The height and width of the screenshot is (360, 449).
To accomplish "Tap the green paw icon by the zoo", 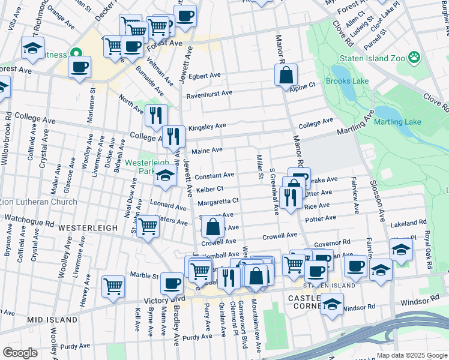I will pos(414,58).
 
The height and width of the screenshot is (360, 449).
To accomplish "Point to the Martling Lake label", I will pos(397,122).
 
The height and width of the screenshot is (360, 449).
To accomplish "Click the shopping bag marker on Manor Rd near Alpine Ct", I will pos(286,76).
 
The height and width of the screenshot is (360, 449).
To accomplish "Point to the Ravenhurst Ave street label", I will pos(209,93).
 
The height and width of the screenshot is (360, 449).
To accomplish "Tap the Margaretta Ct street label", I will pos(218,201).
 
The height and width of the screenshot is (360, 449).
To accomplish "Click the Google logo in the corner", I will pos(20,353).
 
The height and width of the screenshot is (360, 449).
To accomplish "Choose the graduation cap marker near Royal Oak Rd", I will pos(401,249).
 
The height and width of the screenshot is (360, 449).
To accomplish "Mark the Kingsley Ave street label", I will pos(207,127).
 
